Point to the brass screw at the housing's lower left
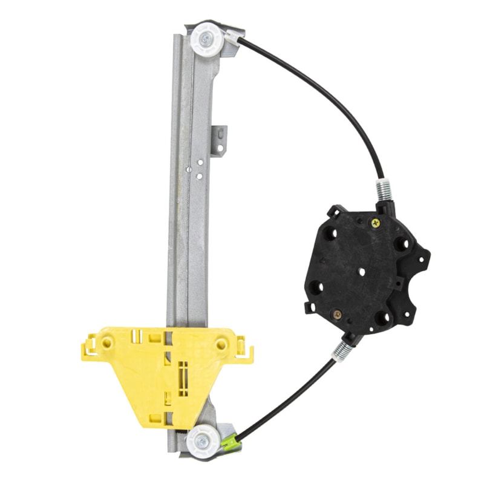pos(337,315)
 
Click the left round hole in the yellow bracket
pos(107,342)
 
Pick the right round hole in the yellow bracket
pos(221,344)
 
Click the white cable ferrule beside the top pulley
pos(232,38)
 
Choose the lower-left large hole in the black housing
pos(316,287)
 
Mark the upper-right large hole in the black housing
pos(402,244)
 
